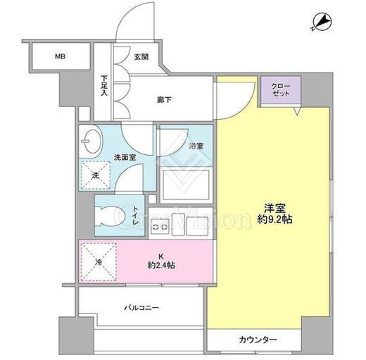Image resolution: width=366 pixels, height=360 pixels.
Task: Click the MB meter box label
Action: [60, 56]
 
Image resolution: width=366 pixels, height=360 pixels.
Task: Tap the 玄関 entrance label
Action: [141, 56]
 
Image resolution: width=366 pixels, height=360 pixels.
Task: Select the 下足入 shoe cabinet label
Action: [104, 85]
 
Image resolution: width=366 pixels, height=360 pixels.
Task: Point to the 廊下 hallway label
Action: [164, 100]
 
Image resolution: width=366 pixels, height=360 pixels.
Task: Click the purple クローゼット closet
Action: [281, 89]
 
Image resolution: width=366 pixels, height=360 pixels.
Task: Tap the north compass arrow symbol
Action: [322, 23]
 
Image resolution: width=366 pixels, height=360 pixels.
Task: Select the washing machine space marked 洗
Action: [96, 175]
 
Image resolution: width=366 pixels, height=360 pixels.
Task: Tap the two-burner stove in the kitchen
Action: [160, 227]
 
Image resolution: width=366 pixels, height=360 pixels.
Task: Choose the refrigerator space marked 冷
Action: [99, 262]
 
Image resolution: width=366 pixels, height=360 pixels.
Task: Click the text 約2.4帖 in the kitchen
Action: [161, 266]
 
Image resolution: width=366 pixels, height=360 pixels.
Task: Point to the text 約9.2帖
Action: [274, 219]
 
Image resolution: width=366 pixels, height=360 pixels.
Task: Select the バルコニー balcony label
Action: [141, 308]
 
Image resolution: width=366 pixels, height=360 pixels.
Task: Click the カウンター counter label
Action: [258, 340]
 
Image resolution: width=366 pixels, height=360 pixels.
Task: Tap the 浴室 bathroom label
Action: [196, 146]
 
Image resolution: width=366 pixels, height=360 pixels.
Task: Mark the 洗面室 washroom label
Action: [125, 157]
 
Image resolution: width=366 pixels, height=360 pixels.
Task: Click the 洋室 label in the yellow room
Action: [274, 208]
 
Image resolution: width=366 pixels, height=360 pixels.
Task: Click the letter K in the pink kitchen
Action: [161, 256]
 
